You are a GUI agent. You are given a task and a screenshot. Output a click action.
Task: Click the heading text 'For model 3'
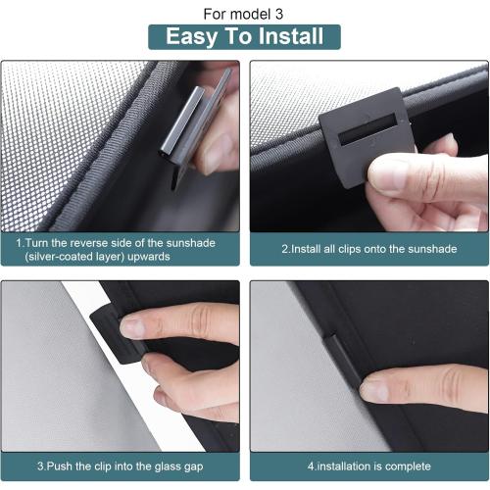click(x=244, y=15)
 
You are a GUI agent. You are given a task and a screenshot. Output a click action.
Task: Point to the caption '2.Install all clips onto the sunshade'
click(x=368, y=249)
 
